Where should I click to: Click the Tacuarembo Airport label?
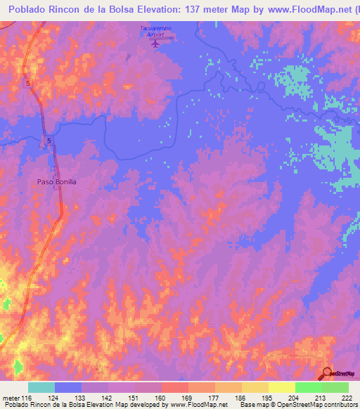155,31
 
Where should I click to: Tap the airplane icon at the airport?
155,43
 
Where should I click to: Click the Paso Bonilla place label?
56,181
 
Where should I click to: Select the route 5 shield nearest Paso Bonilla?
49,141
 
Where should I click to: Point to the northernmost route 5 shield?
28,84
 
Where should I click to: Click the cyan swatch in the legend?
41,387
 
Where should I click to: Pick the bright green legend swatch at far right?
335,387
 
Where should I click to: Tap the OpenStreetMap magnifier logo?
328,372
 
